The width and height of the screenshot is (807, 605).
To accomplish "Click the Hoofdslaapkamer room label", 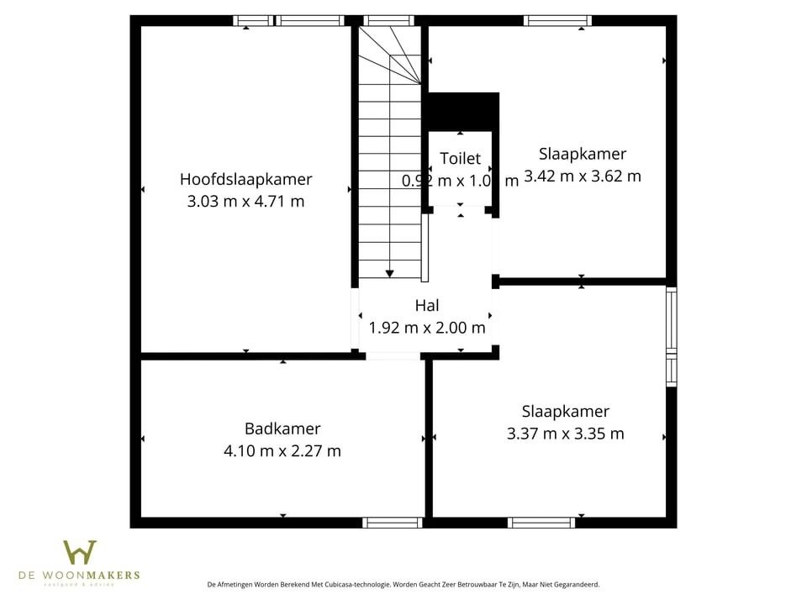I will point(245,179).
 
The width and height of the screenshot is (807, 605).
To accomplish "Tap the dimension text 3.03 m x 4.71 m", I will point(245,201).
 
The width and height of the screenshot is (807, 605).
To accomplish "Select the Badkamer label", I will point(282,429).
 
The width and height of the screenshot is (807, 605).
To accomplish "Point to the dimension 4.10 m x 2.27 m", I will point(282,450).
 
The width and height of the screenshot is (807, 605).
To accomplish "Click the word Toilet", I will point(461,158).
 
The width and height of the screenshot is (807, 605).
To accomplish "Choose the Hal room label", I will point(427,306).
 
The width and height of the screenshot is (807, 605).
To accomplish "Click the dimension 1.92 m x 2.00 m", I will point(427,328).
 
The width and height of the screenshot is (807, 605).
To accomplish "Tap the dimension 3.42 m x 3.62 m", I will point(583,176).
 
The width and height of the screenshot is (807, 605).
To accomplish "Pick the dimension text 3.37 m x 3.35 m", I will point(566,434).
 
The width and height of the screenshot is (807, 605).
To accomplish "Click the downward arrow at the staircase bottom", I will point(389,273).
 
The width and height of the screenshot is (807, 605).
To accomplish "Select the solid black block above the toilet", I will point(461,111).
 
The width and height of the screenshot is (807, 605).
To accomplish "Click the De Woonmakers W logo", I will point(80,553).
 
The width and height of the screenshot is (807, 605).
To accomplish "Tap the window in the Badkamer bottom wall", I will point(392,523).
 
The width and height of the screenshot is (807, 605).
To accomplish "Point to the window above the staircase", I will point(388,20).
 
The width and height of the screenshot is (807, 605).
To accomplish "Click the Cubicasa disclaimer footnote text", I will point(403,584).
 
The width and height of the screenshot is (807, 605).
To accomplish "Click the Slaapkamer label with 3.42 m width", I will point(583,154).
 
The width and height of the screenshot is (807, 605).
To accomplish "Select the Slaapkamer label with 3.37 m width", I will point(566,412).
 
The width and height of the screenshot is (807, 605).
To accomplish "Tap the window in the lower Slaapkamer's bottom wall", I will point(542,523).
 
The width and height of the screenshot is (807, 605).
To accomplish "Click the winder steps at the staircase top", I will point(390,55).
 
